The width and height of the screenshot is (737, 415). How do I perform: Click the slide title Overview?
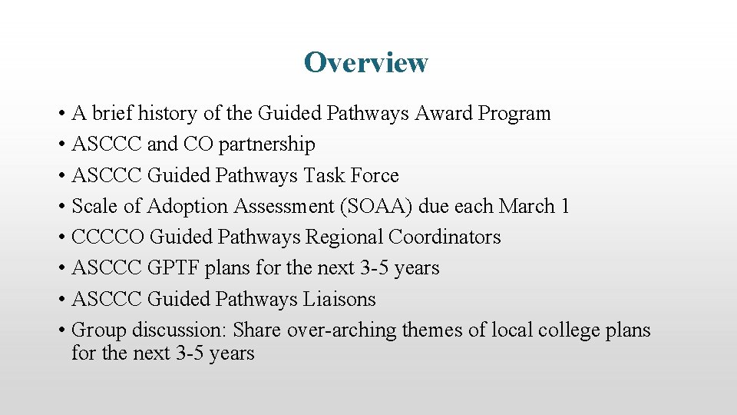(365, 62)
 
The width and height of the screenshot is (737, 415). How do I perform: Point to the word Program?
(514, 114)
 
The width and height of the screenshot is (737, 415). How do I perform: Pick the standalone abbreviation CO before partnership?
(192, 144)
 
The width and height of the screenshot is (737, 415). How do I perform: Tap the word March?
(527, 206)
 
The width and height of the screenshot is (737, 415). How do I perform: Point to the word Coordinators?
(445, 237)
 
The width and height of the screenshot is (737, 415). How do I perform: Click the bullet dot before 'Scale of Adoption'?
(61, 207)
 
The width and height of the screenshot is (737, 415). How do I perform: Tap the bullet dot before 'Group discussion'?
(61, 330)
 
